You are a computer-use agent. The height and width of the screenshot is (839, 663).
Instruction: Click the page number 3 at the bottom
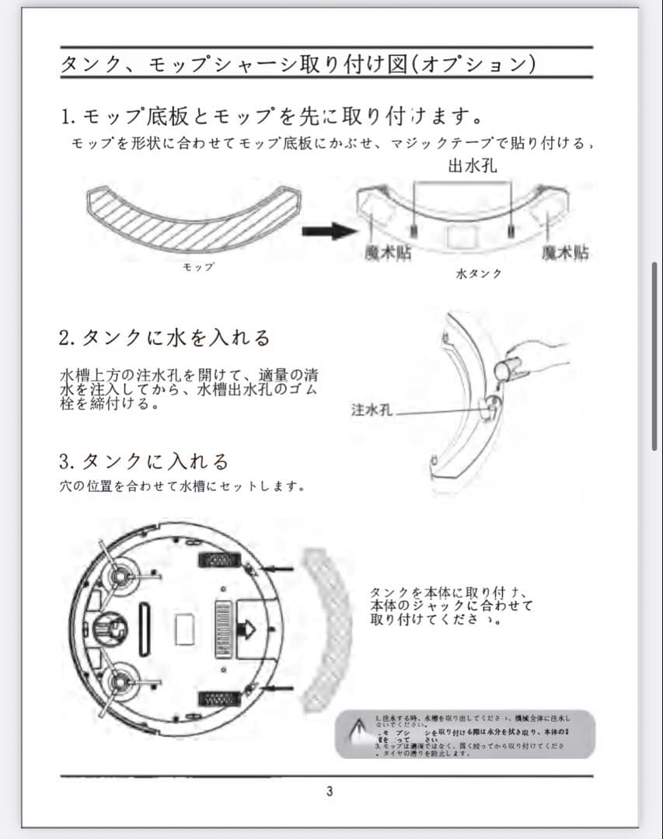click(330, 792)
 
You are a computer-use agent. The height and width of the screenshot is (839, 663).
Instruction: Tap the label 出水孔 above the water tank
click(473, 166)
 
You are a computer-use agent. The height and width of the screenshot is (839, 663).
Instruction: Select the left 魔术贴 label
click(388, 252)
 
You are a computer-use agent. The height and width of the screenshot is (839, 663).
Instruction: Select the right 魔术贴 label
click(564, 252)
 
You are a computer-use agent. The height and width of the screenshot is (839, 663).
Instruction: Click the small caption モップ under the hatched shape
click(197, 267)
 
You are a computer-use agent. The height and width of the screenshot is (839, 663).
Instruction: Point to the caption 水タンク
click(478, 273)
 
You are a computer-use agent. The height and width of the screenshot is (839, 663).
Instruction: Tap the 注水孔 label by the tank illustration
click(370, 409)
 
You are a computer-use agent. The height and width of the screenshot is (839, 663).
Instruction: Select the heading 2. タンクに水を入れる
click(165, 338)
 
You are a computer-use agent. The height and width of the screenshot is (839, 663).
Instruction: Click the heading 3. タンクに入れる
click(145, 461)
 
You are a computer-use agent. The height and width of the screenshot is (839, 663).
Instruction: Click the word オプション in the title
click(476, 63)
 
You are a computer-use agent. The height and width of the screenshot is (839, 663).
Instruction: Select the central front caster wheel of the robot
click(108, 627)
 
